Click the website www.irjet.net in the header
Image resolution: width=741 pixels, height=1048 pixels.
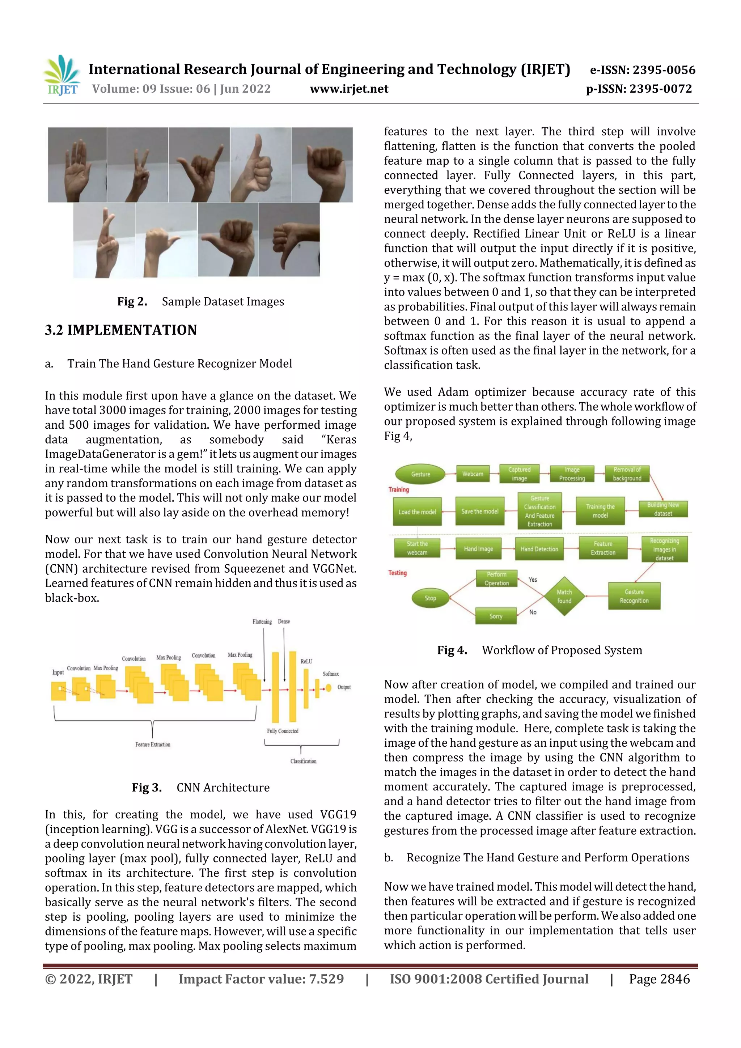click(349, 89)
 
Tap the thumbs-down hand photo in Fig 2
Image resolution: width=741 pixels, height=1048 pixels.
click(289, 239)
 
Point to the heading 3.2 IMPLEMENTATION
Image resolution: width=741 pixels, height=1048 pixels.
click(120, 330)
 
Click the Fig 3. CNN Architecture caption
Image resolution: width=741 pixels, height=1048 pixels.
click(200, 788)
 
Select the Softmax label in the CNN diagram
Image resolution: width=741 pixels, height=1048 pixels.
click(331, 674)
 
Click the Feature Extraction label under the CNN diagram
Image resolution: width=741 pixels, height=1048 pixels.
click(152, 744)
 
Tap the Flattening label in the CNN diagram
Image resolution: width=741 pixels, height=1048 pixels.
click(262, 622)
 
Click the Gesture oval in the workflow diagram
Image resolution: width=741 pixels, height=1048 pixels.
click(420, 474)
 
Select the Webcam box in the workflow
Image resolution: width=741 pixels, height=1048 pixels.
click(473, 474)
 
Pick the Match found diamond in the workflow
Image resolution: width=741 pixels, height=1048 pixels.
click(564, 596)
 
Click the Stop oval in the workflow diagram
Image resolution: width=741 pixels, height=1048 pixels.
click(430, 598)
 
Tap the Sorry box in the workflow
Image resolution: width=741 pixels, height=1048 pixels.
click(496, 616)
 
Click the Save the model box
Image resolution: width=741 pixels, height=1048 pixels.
click(479, 511)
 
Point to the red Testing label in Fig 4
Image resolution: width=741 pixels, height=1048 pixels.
click(397, 573)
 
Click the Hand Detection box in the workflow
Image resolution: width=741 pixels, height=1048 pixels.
click(539, 549)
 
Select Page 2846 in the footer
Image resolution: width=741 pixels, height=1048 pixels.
click(659, 979)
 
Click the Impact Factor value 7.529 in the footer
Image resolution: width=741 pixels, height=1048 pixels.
click(261, 979)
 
